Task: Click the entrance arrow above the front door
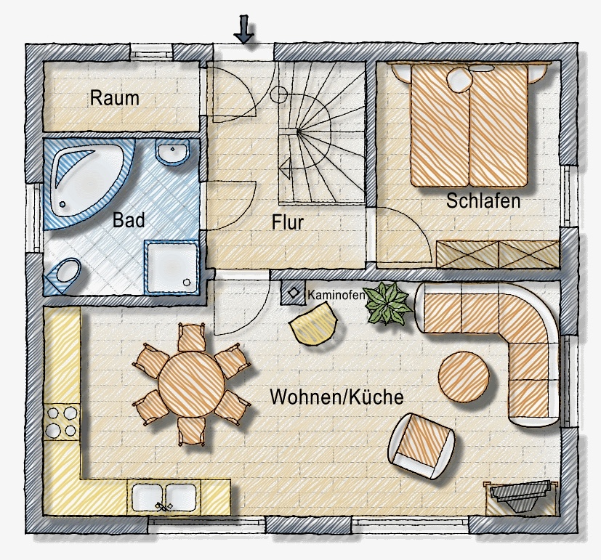[x=243, y=29]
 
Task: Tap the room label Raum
[x=115, y=98]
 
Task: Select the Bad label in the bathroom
[x=129, y=220]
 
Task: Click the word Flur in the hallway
[x=288, y=222]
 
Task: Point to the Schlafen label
[x=483, y=200]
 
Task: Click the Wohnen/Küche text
[x=337, y=397]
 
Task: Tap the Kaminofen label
[x=336, y=295]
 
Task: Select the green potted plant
[x=388, y=304]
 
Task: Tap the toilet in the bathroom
[x=65, y=275]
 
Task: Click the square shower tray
[x=172, y=267]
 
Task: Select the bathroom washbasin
[x=172, y=152]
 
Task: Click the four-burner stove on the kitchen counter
[x=61, y=422]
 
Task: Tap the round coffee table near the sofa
[x=464, y=377]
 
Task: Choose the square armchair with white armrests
[x=421, y=445]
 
